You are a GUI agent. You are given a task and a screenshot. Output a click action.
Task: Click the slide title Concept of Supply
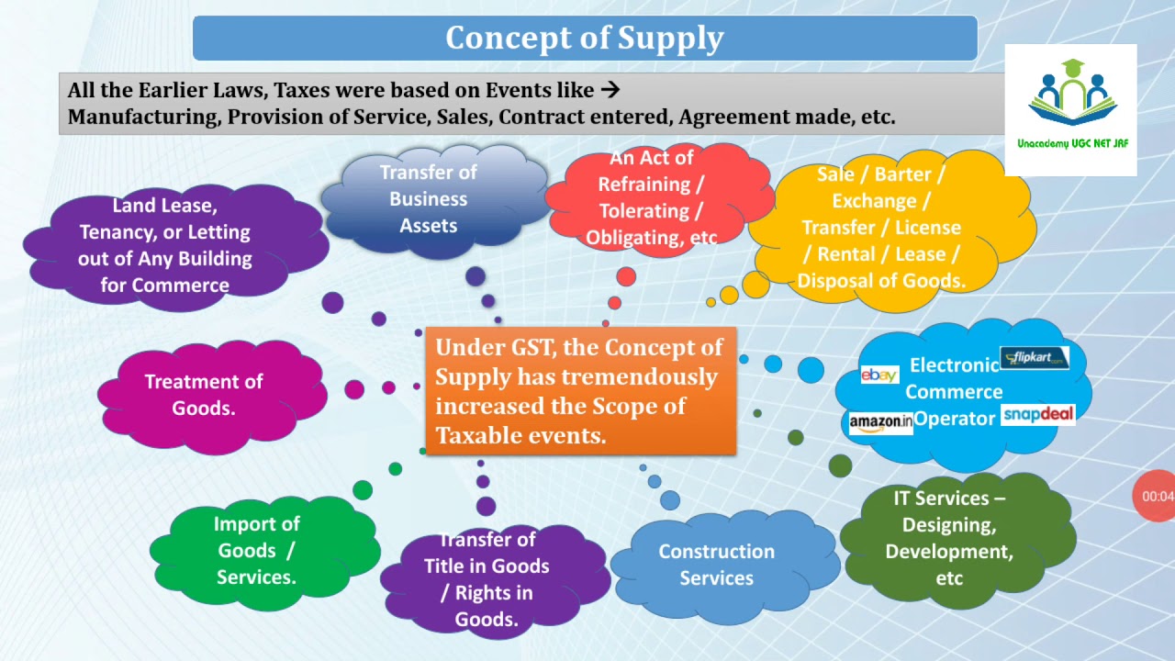pos(585,38)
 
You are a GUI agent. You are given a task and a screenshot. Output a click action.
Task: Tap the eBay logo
pos(878,375)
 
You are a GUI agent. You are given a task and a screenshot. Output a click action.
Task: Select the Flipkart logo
pos(1035,358)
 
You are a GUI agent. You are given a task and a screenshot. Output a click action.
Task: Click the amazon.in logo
pos(880,422)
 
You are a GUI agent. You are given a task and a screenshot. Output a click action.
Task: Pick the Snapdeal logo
pos(1037,415)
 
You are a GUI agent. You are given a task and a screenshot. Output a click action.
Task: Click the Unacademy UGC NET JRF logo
pos(1071,109)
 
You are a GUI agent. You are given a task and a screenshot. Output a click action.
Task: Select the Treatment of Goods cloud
pos(204,395)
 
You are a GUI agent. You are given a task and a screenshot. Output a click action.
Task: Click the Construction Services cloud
pos(716,565)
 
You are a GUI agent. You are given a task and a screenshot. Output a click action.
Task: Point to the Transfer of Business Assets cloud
pos(428,199)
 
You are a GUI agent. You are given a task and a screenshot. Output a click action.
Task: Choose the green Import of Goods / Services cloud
pos(257,550)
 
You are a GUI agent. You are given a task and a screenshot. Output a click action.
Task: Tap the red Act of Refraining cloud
pos(652,198)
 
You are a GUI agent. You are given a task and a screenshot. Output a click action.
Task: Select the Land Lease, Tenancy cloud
pos(165,245)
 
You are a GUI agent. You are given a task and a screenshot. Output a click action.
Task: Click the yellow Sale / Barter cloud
pos(881,228)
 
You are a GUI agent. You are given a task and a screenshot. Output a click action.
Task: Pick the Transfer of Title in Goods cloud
pos(487,579)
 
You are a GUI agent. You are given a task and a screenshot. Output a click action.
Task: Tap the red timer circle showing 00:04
pos(1157,496)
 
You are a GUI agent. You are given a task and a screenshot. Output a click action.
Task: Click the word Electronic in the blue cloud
pos(953,365)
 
